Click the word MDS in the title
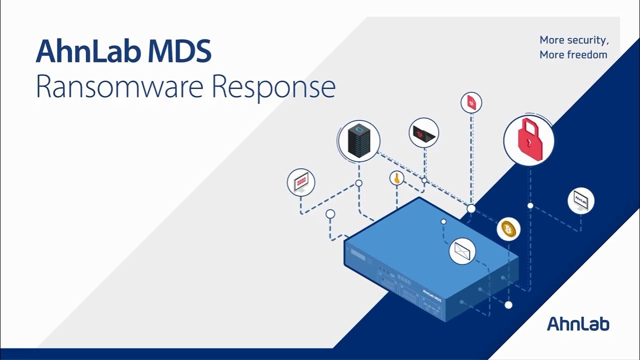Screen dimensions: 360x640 (185, 51)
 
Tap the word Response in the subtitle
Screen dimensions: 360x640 (273, 87)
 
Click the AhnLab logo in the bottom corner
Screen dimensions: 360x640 (578, 323)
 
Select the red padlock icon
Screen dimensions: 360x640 (528, 140)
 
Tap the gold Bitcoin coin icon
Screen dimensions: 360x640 (508, 229)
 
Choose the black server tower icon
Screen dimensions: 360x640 (358, 140)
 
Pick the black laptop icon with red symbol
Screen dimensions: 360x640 (423, 133)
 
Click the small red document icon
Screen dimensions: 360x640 (471, 103)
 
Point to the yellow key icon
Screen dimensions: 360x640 (396, 178)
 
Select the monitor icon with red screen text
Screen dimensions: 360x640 (301, 182)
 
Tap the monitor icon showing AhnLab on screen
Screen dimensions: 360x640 (580, 201)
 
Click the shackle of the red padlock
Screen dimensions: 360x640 (528, 125)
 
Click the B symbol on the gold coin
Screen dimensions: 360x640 (508, 229)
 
